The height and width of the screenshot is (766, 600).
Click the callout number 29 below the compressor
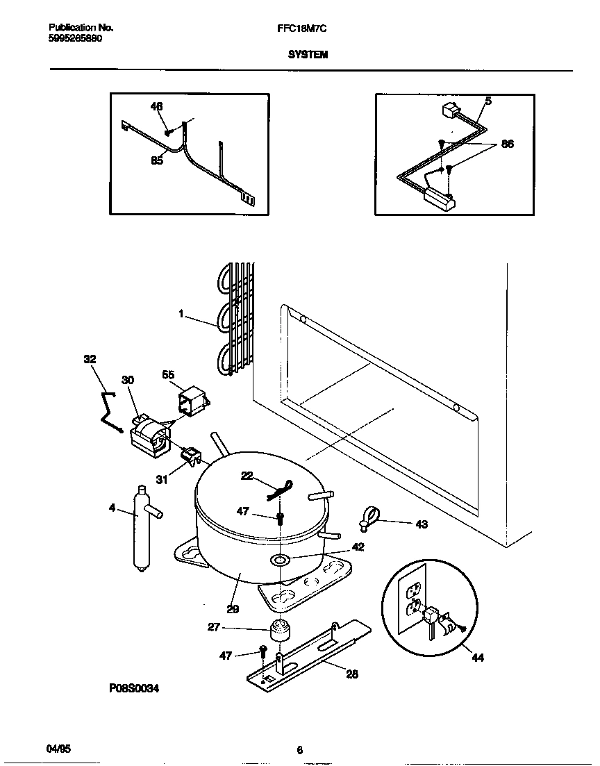coord(233,608)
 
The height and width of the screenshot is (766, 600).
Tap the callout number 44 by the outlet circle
coord(477,658)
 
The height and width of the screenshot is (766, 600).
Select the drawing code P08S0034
coord(134,688)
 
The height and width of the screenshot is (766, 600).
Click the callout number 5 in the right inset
coord(488,101)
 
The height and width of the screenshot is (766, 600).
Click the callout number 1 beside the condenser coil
coord(181,314)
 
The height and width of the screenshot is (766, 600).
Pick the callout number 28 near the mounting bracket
coord(352,674)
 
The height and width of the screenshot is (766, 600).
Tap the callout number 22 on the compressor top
coord(247,475)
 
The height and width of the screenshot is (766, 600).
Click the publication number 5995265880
coord(76,38)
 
